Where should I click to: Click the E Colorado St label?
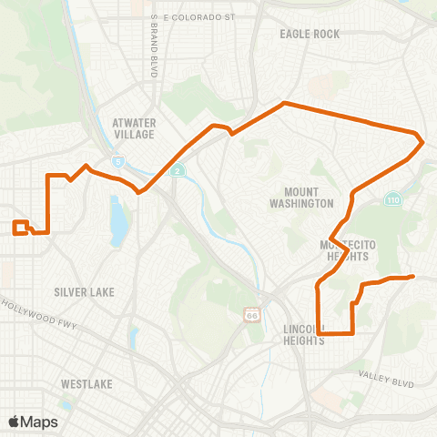198,16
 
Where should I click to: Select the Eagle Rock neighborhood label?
310,35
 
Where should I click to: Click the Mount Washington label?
309,198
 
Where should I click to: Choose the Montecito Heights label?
344,251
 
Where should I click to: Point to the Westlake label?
87,384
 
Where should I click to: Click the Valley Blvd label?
387,377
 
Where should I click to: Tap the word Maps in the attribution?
39,422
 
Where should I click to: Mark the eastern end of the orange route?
413,276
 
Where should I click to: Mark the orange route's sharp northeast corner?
422,141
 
